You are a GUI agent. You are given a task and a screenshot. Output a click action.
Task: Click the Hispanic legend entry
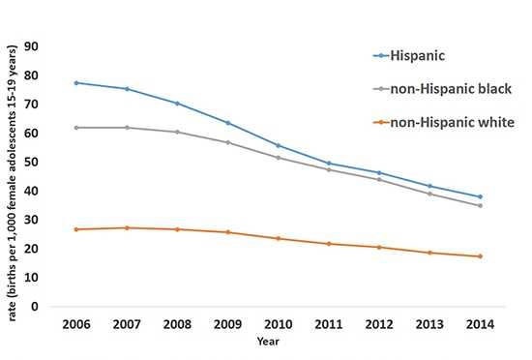[422, 56]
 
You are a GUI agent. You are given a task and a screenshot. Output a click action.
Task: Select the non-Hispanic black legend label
[451, 89]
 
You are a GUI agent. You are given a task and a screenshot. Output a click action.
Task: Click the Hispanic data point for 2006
[75, 82]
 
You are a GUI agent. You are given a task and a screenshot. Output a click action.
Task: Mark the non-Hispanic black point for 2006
[75, 127]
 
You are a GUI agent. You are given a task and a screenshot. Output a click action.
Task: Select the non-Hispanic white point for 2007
[126, 227]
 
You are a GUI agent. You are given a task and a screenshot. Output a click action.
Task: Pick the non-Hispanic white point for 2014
[480, 256]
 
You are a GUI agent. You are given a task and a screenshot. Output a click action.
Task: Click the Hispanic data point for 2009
[227, 123]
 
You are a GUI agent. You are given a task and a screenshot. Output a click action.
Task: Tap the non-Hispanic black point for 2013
[429, 194]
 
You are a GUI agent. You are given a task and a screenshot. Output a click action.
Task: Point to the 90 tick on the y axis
[31, 46]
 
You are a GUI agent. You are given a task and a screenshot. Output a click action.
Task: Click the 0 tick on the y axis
[35, 307]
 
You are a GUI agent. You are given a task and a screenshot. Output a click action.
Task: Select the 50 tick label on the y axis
[31, 162]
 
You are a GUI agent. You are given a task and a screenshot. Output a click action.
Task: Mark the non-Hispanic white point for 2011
[328, 243]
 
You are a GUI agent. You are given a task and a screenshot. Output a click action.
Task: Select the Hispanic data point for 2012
[379, 172]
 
